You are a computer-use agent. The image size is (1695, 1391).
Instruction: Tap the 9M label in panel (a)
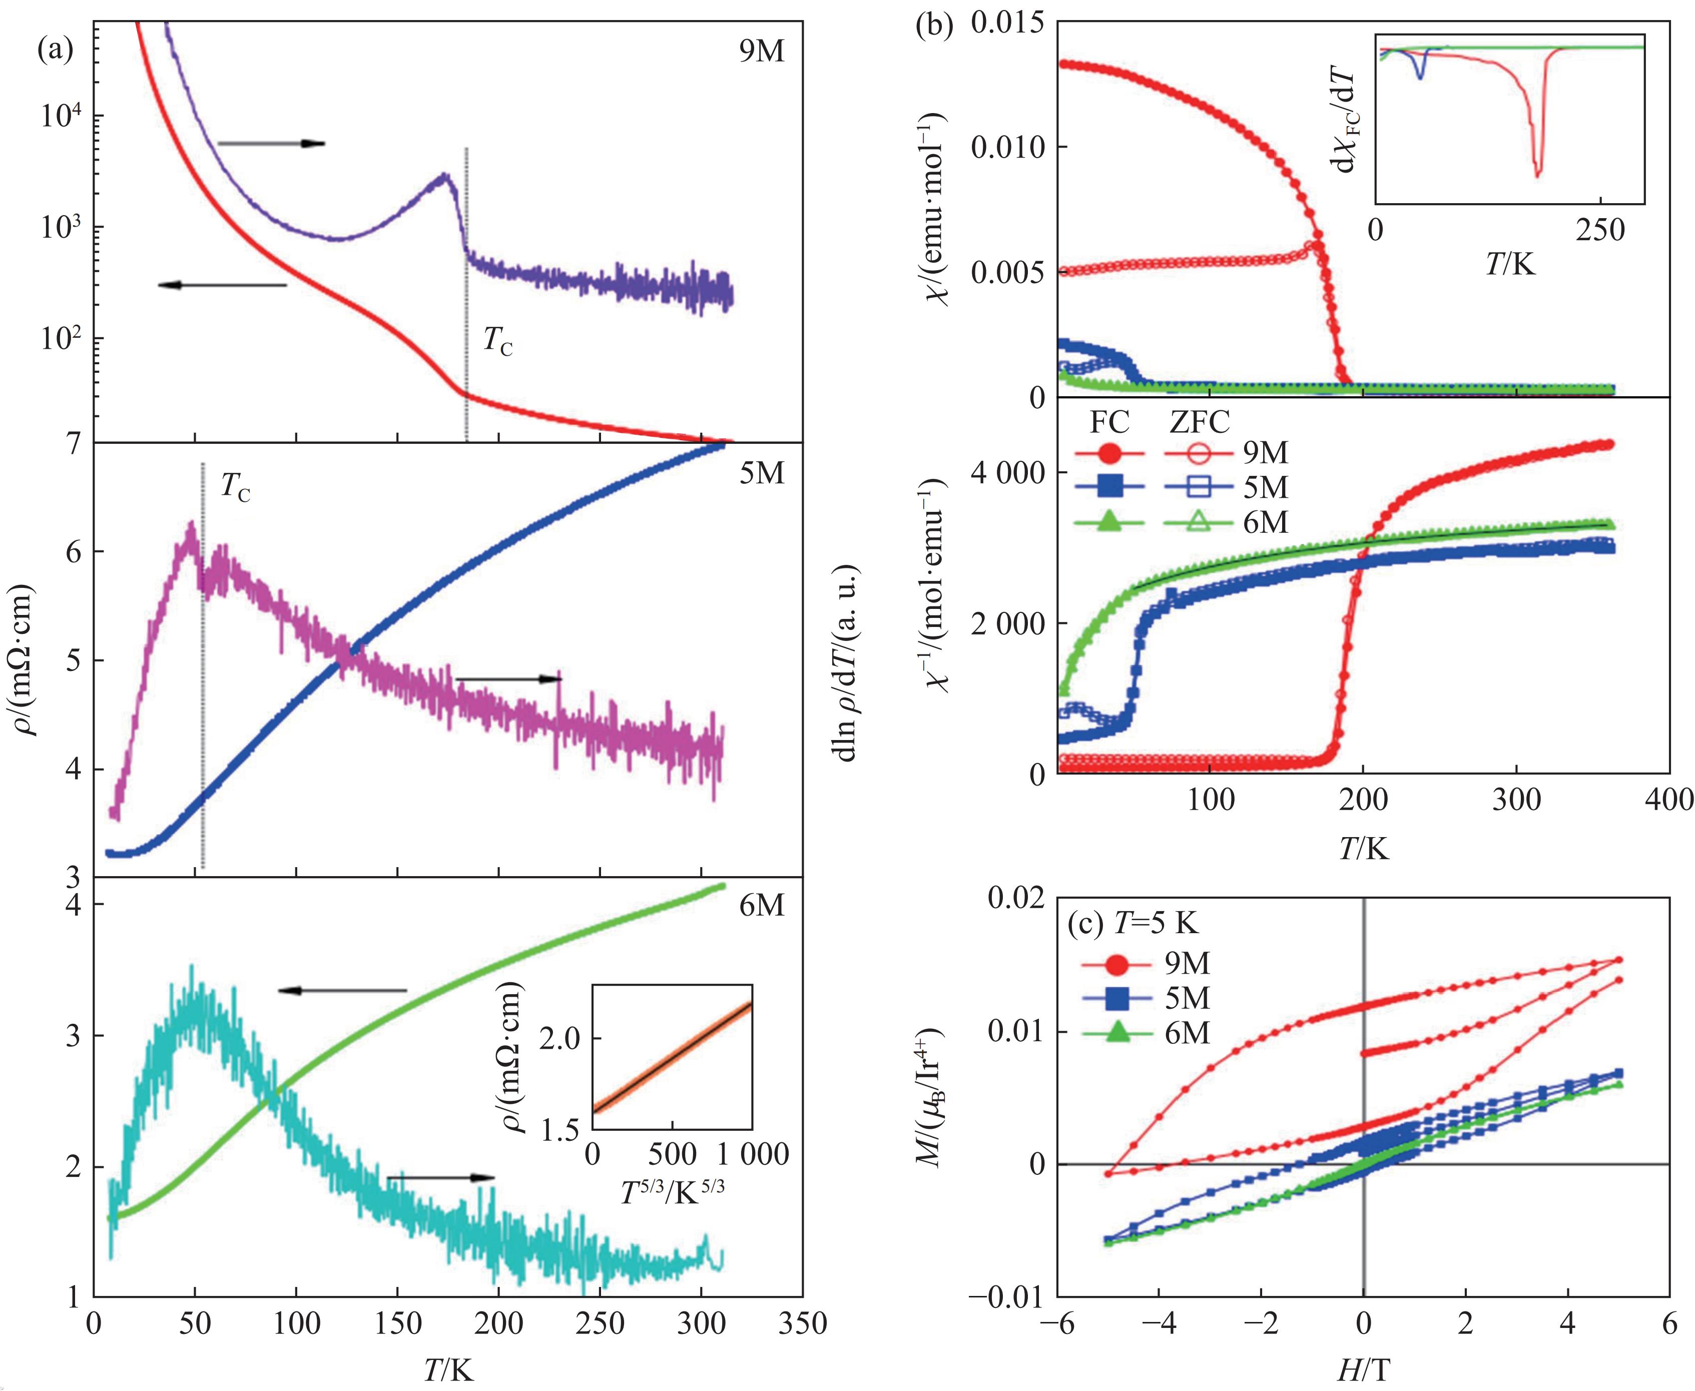[x=761, y=51]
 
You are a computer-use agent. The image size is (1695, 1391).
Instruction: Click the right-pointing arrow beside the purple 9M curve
[x=272, y=144]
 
